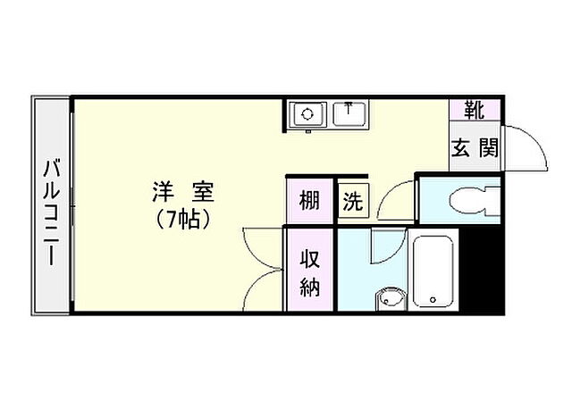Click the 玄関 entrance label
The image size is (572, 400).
[475, 148]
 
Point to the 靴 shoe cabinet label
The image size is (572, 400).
[474, 112]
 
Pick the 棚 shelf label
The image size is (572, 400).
[309, 201]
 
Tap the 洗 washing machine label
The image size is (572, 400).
[353, 202]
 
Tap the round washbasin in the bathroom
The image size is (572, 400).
[389, 297]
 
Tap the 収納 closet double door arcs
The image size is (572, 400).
[261, 268]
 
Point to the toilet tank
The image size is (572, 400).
[494, 201]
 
